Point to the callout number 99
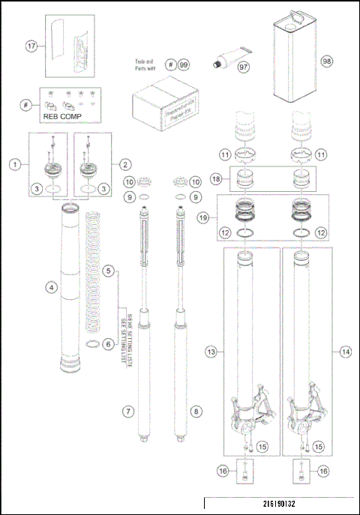[x=183, y=64]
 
